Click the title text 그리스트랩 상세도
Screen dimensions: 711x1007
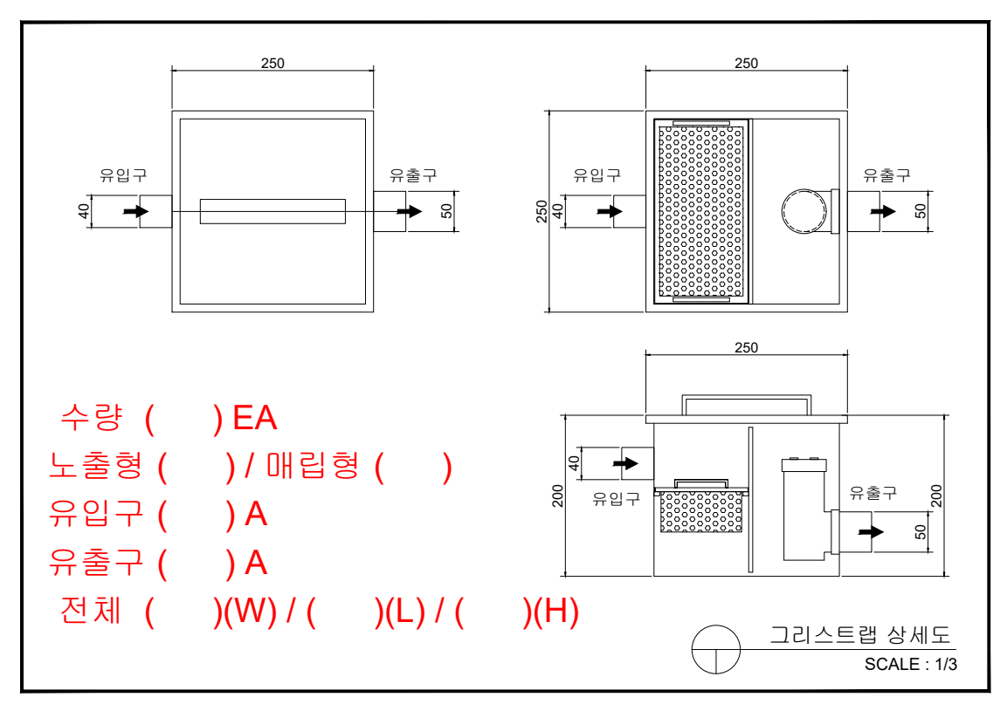click(859, 634)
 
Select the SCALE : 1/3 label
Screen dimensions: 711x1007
click(911, 664)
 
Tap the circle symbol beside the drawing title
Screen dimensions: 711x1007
click(716, 650)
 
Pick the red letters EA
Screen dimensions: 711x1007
click(255, 419)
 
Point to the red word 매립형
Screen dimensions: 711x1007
click(313, 466)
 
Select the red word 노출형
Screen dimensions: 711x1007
click(96, 466)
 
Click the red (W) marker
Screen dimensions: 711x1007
click(250, 612)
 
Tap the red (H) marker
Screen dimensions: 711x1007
click(555, 612)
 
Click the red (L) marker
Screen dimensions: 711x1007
click(404, 612)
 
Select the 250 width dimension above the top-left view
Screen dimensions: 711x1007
click(272, 63)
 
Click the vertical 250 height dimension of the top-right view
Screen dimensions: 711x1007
click(542, 211)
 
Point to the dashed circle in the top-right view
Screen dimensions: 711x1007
click(804, 211)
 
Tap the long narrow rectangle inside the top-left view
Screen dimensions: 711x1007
click(272, 211)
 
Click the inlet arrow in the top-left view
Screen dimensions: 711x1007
click(134, 211)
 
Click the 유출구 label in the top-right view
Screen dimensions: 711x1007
click(886, 174)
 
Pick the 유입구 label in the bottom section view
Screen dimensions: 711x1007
click(617, 499)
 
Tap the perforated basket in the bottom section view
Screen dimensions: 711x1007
click(701, 512)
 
